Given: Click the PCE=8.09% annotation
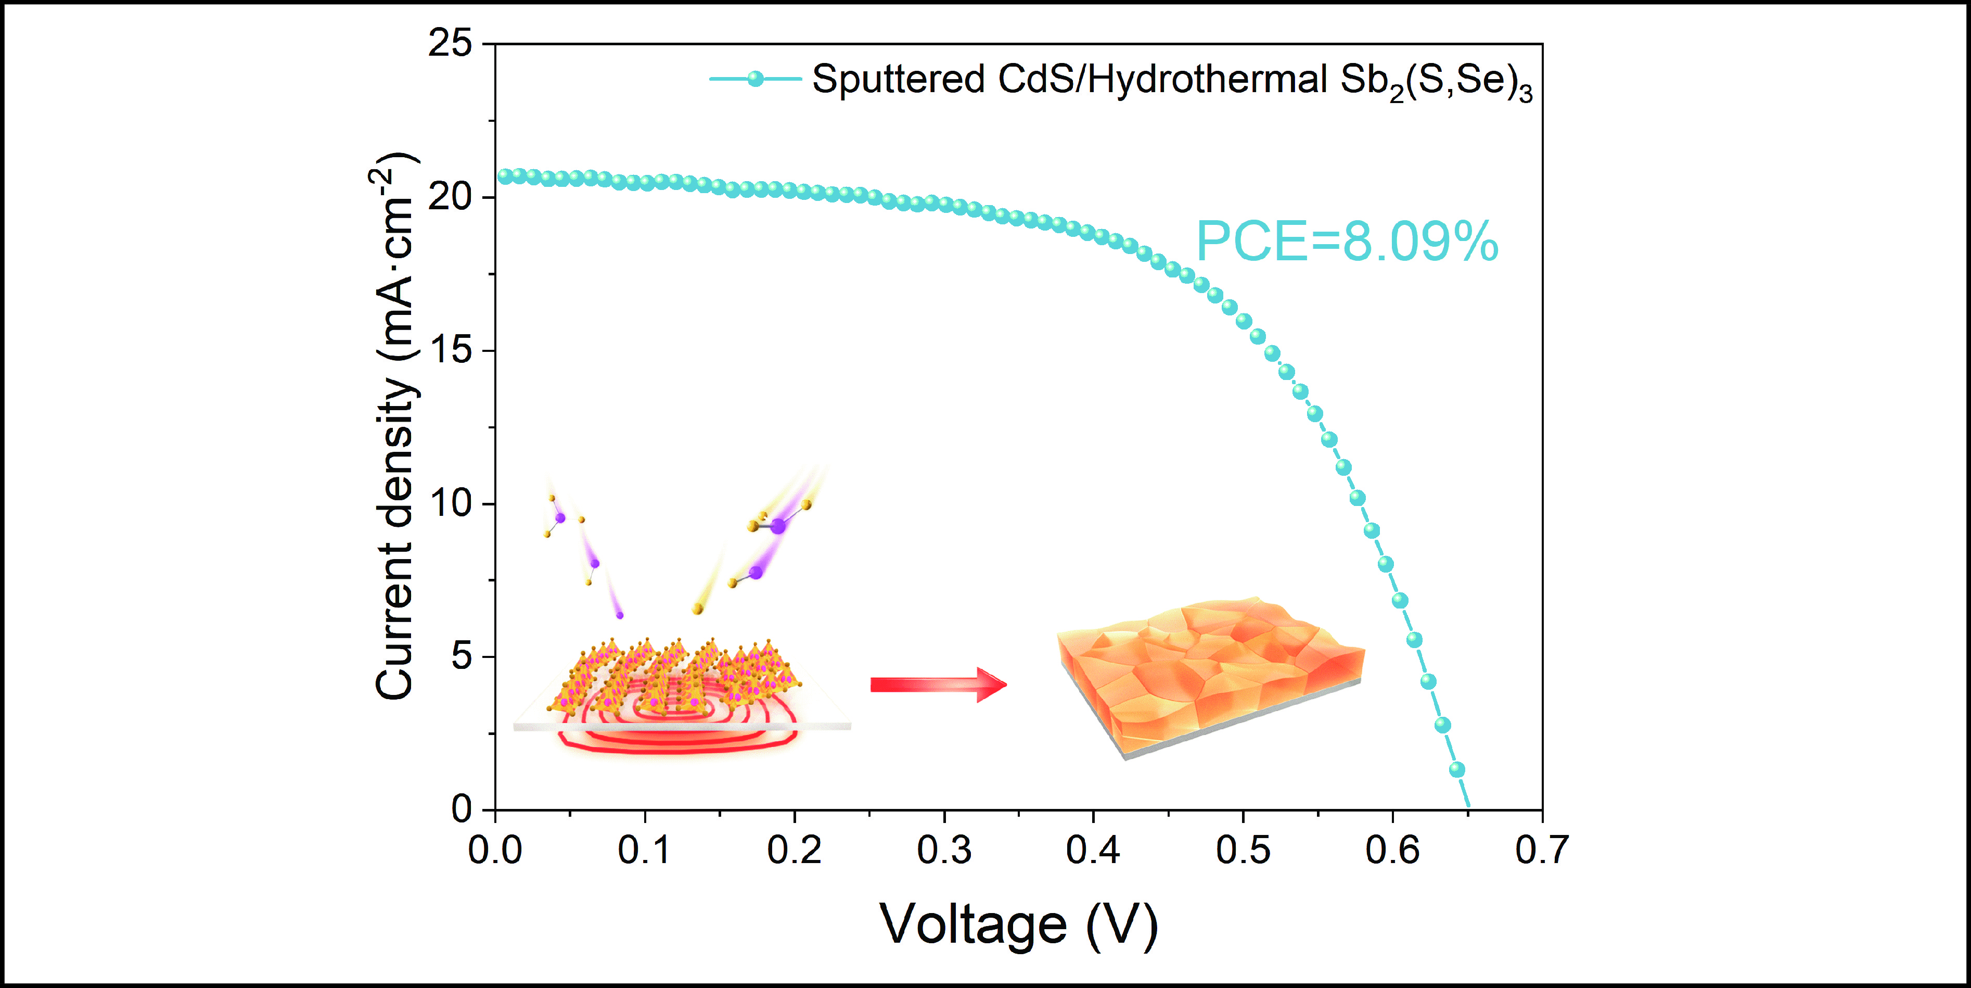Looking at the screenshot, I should tap(1347, 242).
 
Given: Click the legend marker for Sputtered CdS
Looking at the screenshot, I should tap(755, 79).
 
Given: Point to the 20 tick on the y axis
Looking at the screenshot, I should tap(450, 197).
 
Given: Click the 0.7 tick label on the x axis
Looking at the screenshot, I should tap(1541, 850).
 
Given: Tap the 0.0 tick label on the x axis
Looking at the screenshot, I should tap(495, 850).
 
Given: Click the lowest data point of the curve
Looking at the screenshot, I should tap(1457, 769).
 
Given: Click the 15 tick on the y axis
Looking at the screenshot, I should tap(450, 350).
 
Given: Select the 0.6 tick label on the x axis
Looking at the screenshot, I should tap(1392, 850).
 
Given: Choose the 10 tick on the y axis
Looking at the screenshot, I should tap(450, 503).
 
